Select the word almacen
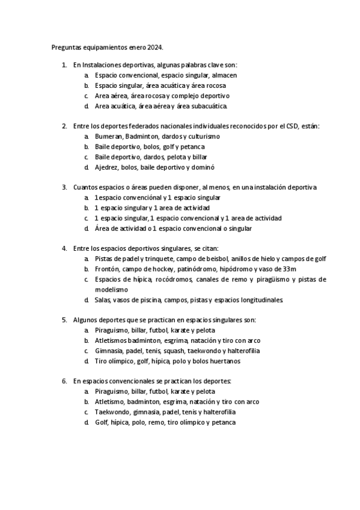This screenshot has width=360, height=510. [x=224, y=75]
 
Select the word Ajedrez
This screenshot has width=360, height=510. [x=107, y=167]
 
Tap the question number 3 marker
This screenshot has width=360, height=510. [x=64, y=188]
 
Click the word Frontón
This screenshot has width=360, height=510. [x=109, y=269]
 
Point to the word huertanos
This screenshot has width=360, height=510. [x=221, y=361]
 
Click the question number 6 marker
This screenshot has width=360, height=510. [x=64, y=381]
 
